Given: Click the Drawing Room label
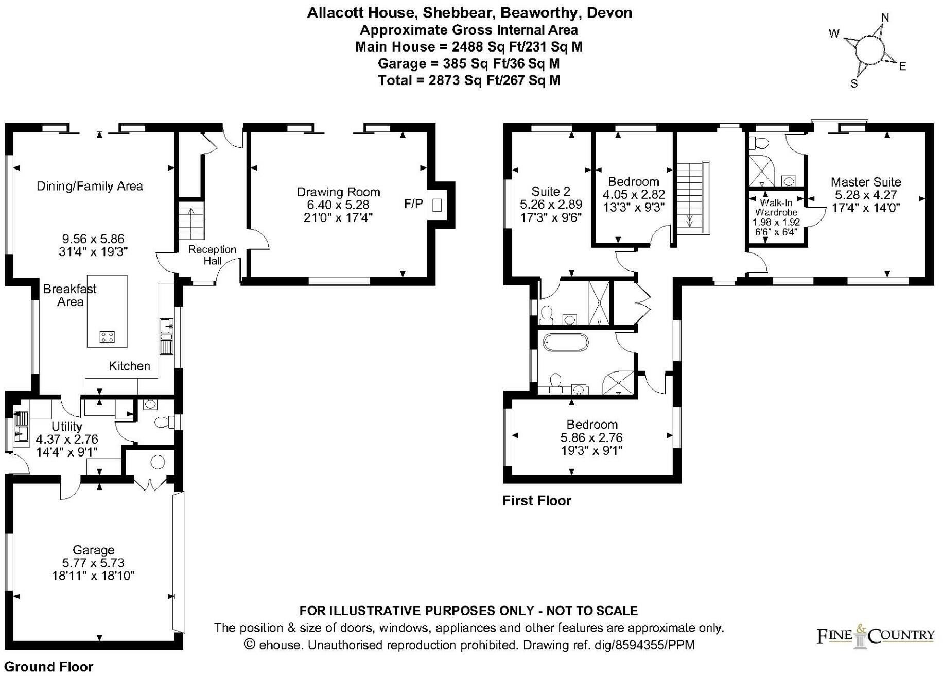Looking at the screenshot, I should click(338, 192).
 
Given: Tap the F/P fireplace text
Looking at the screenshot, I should click(413, 204).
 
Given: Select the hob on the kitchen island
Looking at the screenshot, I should click(107, 337).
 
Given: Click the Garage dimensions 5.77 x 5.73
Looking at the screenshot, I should click(93, 563).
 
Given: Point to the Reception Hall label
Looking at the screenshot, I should click(212, 255).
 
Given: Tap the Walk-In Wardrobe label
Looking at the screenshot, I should click(776, 208).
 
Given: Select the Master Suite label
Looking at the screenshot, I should click(865, 182).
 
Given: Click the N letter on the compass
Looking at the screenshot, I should click(885, 18).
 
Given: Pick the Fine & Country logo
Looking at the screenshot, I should click(875, 636).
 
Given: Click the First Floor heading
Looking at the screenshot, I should click(536, 501).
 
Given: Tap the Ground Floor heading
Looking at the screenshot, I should click(49, 667).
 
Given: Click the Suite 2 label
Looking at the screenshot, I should click(550, 192).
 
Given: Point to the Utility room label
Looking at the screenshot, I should click(66, 427).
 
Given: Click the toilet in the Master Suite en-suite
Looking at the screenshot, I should click(759, 143).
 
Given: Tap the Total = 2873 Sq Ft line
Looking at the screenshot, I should click(468, 80).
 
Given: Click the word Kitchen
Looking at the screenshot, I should click(129, 366).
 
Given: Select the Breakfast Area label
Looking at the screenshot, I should click(69, 295).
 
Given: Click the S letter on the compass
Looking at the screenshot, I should click(854, 83).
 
